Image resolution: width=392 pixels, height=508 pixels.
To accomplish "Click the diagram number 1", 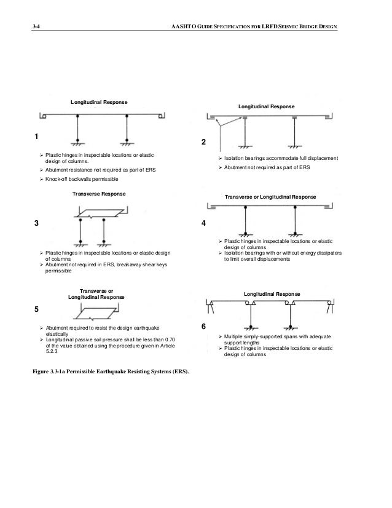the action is coord(36,137).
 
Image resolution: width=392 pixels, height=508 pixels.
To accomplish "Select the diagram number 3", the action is coord(36,223).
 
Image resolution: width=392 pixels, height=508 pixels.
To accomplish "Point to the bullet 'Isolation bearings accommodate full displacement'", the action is coord(280,158).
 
